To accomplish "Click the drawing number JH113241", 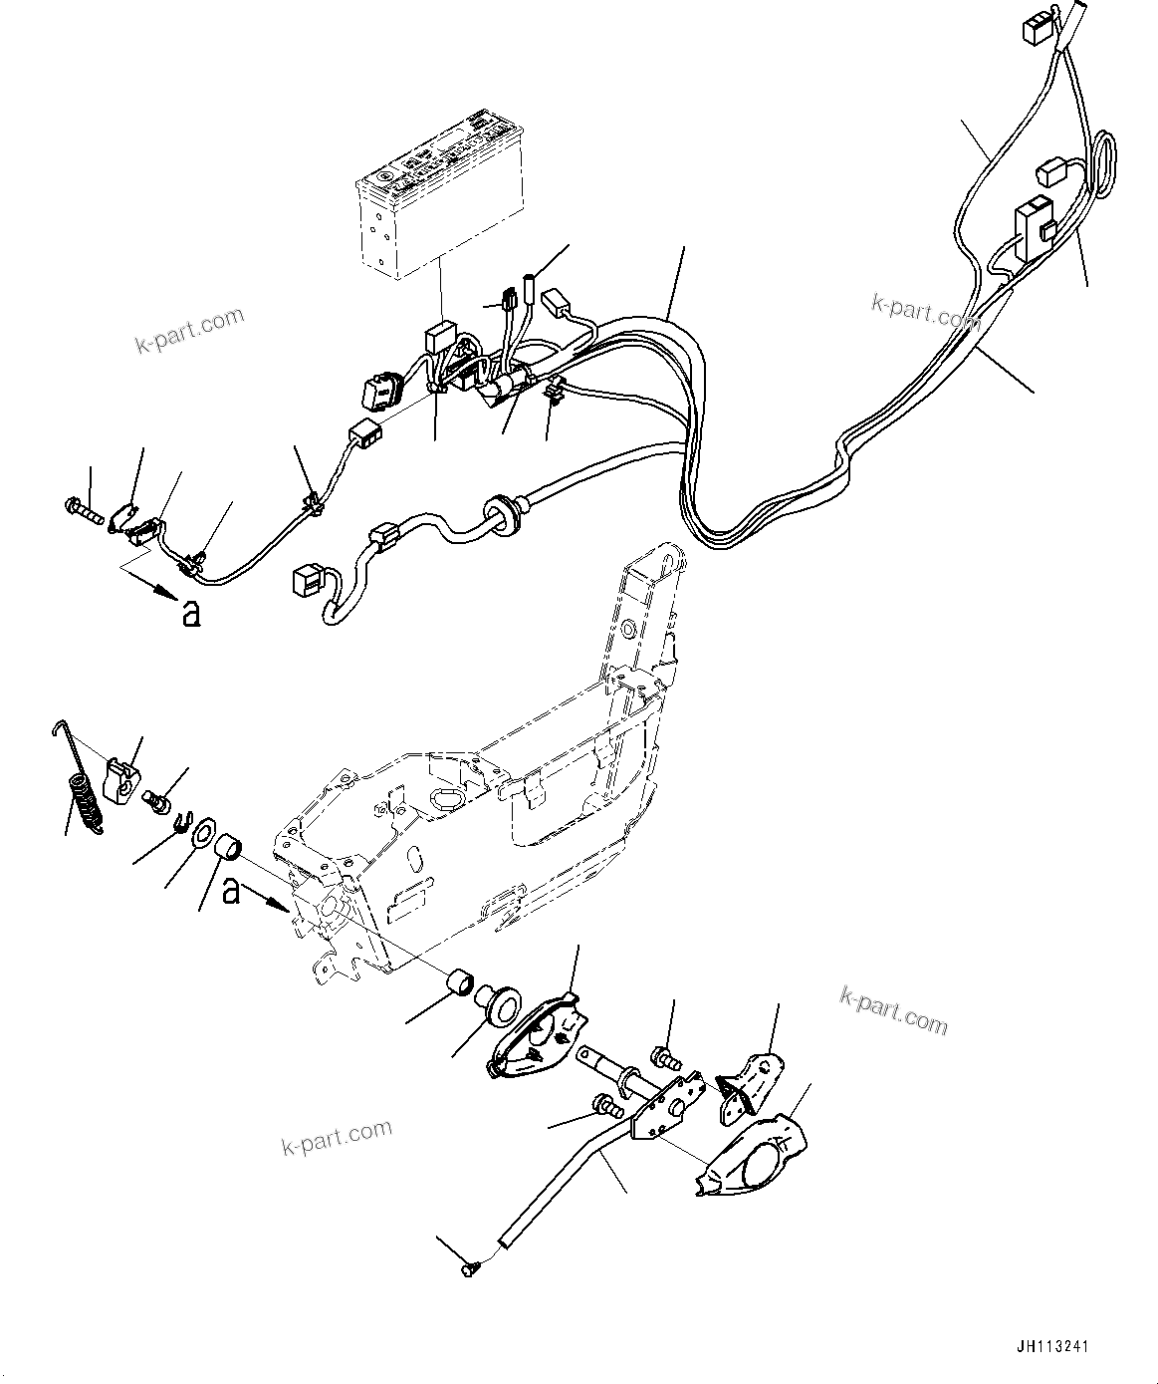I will point(1052,1346).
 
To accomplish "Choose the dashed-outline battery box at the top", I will point(440,192).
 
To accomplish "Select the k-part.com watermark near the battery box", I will point(189,330).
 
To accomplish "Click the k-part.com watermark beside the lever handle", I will point(336,1136).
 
